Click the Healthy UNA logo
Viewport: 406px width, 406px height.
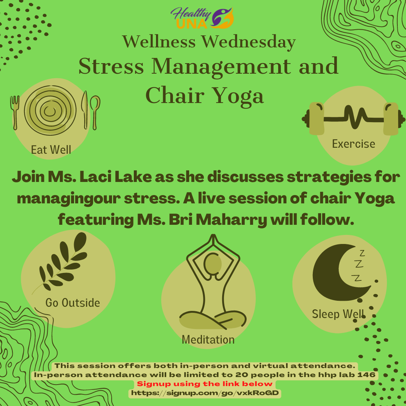pos(202,18)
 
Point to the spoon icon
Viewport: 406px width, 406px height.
pos(95,112)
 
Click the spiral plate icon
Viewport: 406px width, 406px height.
pos(50,110)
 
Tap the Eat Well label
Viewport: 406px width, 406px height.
pos(51,150)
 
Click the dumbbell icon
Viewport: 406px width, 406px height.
pos(353,118)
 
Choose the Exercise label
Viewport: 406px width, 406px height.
pos(353,144)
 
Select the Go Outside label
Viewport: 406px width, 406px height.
pos(73,302)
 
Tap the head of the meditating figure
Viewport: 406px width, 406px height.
pos(213,264)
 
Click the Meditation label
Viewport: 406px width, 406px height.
pos(208,339)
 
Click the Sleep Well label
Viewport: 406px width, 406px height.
pos(338,314)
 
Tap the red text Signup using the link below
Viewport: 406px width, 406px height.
pos(205,384)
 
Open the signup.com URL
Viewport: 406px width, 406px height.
pos(205,393)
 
